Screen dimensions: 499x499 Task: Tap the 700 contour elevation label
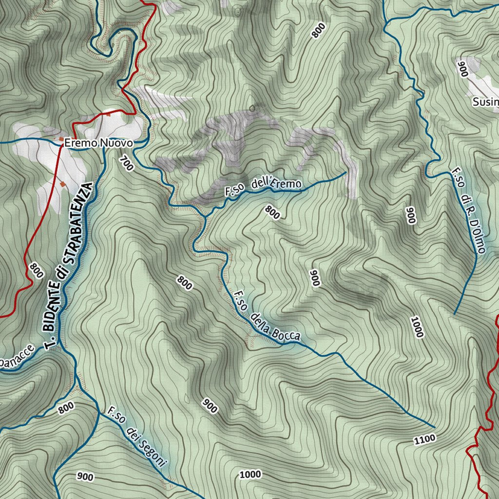coord(126,163)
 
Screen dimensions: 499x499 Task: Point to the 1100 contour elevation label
coord(424,440)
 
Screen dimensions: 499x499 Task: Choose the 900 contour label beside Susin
coord(462,69)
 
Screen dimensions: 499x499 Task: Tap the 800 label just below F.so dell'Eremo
coord(273,212)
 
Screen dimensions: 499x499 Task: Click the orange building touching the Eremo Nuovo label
coord(61,139)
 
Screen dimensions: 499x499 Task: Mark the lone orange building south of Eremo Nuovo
coord(63,184)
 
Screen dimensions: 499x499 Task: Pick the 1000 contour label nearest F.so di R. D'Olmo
coord(417,327)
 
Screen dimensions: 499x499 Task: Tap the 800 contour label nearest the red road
coord(36,270)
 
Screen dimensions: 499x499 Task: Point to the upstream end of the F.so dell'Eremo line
coord(346,172)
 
